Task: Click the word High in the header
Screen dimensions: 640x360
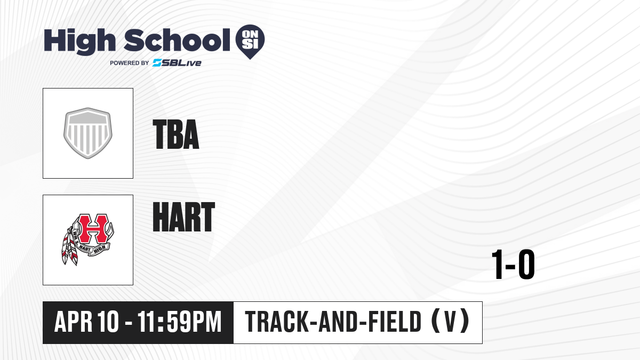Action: click(x=79, y=41)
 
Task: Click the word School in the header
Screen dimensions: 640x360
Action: click(x=177, y=40)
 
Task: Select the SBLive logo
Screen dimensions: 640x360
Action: click(x=177, y=63)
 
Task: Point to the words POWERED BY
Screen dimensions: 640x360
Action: click(x=130, y=63)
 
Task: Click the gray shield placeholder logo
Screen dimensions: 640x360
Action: click(x=87, y=133)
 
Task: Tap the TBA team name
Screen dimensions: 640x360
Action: click(x=175, y=134)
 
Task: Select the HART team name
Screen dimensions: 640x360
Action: click(x=183, y=217)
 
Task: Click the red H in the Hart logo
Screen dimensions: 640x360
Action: click(x=93, y=229)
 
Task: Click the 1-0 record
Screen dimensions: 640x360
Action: click(x=513, y=265)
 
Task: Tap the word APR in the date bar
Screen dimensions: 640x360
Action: click(x=74, y=322)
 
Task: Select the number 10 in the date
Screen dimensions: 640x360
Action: click(x=108, y=322)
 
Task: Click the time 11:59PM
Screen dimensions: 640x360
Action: click(x=179, y=322)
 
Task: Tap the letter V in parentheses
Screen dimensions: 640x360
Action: click(x=450, y=322)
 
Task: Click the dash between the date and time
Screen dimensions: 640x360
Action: click(x=129, y=323)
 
